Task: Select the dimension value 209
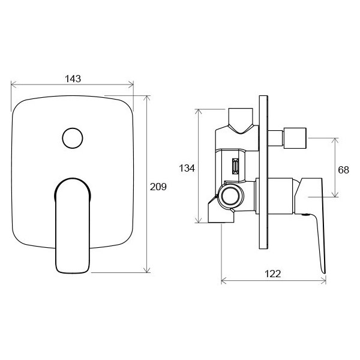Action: (x=158, y=187)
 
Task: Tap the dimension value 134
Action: (x=187, y=169)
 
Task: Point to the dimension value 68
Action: (x=343, y=170)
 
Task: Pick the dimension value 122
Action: (x=272, y=274)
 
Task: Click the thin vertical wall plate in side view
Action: (x=262, y=174)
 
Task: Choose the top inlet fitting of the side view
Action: (x=242, y=121)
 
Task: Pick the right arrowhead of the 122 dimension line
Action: (x=324, y=280)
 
